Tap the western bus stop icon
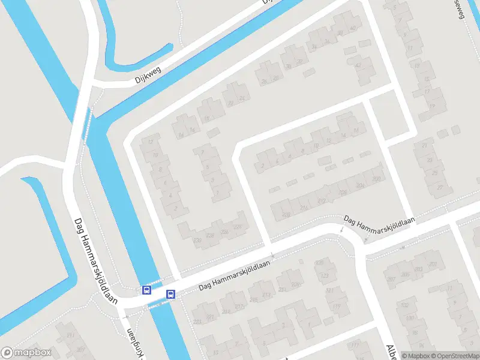click(x=146, y=290)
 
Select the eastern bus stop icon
click(x=170, y=294)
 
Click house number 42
click(x=359, y=65)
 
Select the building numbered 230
click(x=197, y=240)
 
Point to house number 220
click(x=237, y=227)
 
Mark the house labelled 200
click(x=376, y=179)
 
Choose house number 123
click(x=325, y=276)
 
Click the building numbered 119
click(x=336, y=307)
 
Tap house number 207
click(x=391, y=279)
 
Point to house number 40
click(x=353, y=28)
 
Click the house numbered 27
click(x=440, y=187)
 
